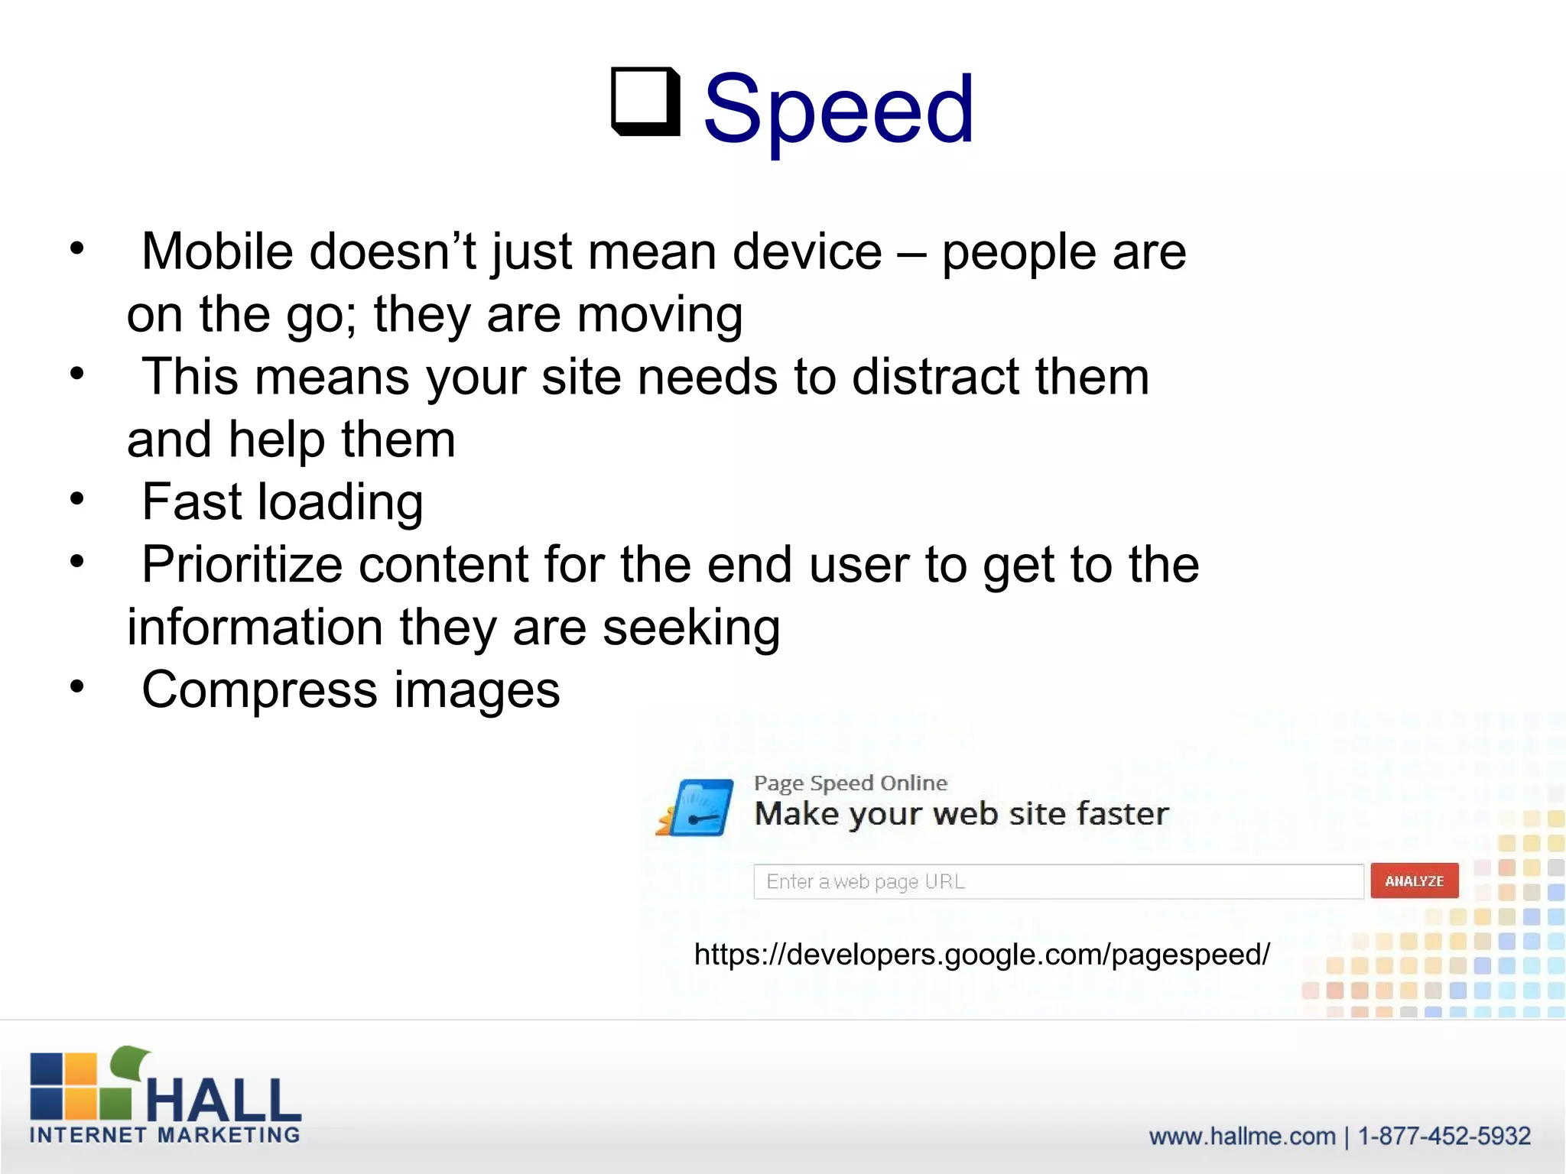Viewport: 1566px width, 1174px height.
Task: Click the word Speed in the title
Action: pyautogui.click(x=838, y=109)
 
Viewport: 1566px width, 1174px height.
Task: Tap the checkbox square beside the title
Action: pyautogui.click(x=646, y=102)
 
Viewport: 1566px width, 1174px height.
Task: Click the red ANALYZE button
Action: pyautogui.click(x=1414, y=881)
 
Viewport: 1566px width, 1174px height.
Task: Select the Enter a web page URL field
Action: pyautogui.click(x=1058, y=882)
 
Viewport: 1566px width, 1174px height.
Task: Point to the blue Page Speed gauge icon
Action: pyautogui.click(x=696, y=808)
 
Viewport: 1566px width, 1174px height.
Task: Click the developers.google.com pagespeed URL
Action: pyautogui.click(x=982, y=954)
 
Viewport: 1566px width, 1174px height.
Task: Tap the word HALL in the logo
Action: pyautogui.click(x=224, y=1101)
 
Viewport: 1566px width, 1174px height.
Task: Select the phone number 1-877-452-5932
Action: pyautogui.click(x=1444, y=1136)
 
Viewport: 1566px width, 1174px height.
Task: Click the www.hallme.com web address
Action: pyautogui.click(x=1242, y=1136)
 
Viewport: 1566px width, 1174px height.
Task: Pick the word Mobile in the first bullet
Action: pyautogui.click(x=217, y=251)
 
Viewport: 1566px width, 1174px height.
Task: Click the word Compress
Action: pyautogui.click(x=259, y=690)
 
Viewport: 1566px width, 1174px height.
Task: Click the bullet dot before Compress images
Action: pyautogui.click(x=76, y=686)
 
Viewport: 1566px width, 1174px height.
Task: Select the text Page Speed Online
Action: pyautogui.click(x=850, y=783)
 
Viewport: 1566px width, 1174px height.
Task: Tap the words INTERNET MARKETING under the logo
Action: pyautogui.click(x=165, y=1135)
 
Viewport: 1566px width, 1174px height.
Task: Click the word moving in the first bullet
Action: pyautogui.click(x=659, y=314)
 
